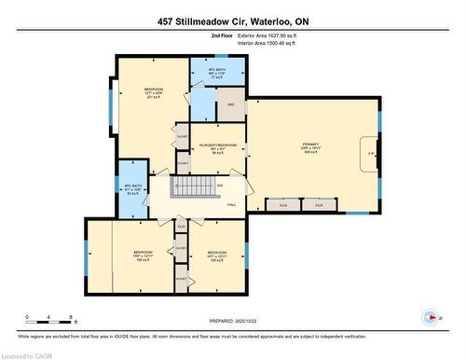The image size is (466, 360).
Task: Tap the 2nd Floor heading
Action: tap(223, 35)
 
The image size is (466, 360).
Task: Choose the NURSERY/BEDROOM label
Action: tap(217, 146)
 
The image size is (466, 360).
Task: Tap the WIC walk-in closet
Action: tap(231, 104)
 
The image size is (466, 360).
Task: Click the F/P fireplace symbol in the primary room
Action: tap(370, 152)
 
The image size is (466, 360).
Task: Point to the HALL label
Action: tap(230, 204)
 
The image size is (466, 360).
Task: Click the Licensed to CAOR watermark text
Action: tap(26, 354)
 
